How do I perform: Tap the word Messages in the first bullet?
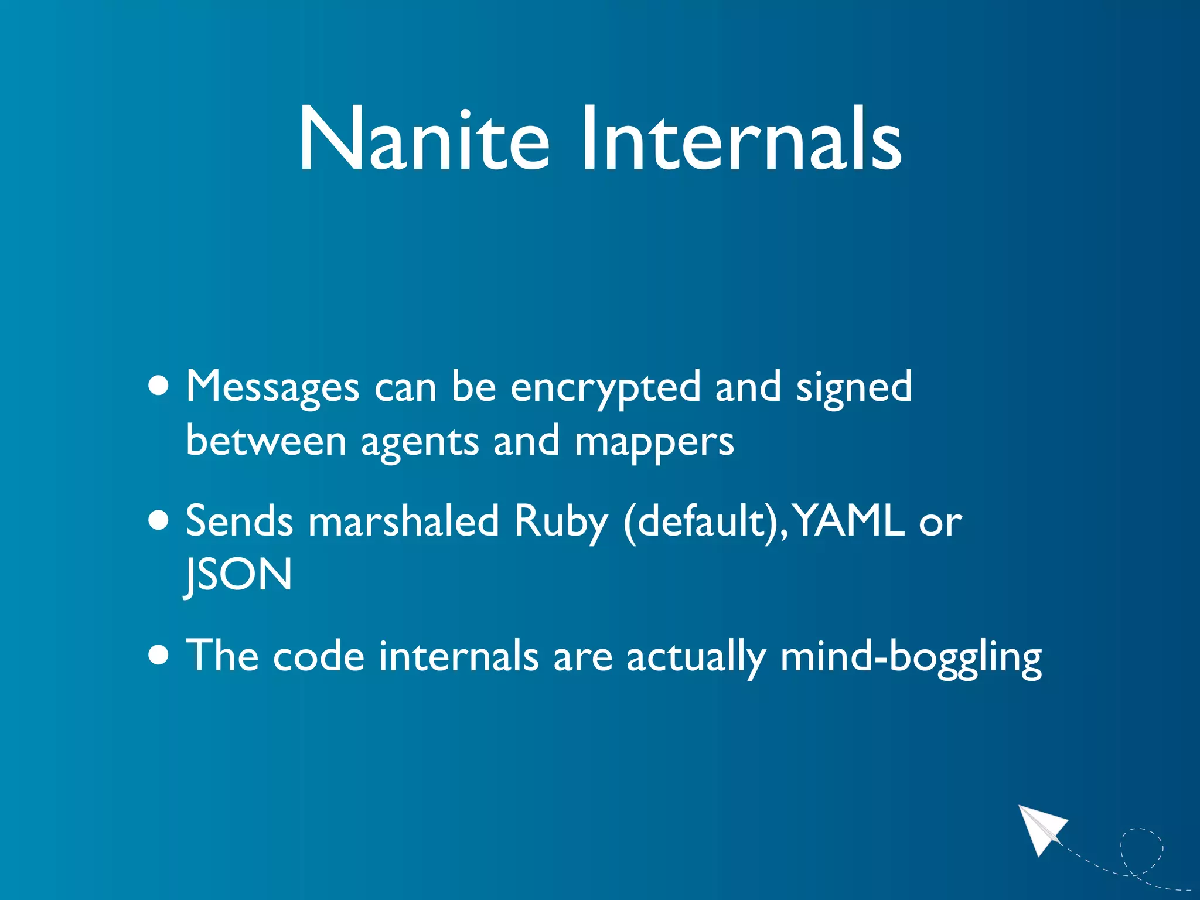tap(272, 387)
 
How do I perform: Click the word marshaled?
tap(403, 520)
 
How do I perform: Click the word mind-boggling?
tap(911, 656)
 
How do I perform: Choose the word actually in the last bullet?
tap(696, 656)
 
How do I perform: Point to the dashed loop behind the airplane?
tap(1141, 850)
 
